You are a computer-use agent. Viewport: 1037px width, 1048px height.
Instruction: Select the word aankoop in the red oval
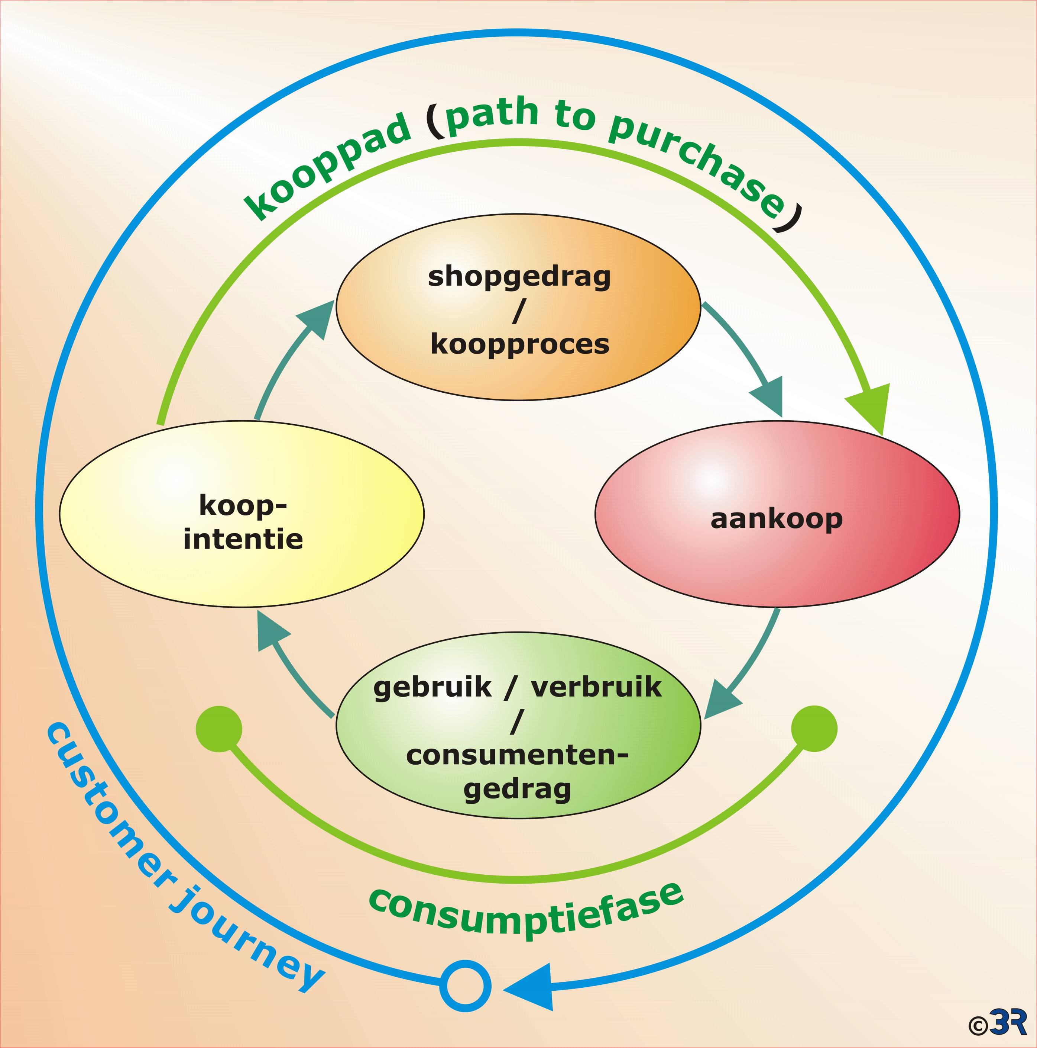tap(776, 519)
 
